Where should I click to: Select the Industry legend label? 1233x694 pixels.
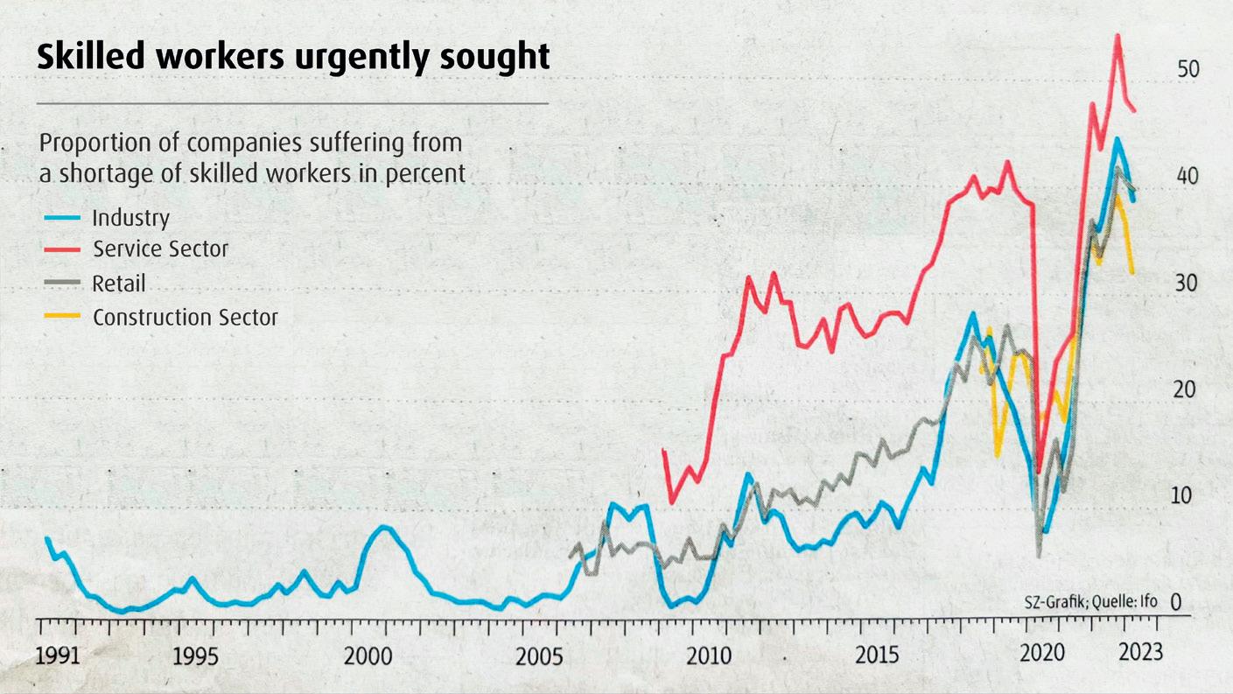pyautogui.click(x=130, y=217)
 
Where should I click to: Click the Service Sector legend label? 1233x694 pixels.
pyautogui.click(x=160, y=249)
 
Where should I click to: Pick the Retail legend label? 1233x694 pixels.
pyautogui.click(x=119, y=284)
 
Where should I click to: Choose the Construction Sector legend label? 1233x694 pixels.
pyautogui.click(x=185, y=317)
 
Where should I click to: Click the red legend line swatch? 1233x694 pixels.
pyautogui.click(x=62, y=249)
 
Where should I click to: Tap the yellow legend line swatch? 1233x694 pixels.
pyautogui.click(x=62, y=316)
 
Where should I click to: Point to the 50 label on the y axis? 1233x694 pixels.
pyautogui.click(x=1187, y=70)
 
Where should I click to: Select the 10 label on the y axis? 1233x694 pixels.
pyautogui.click(x=1182, y=495)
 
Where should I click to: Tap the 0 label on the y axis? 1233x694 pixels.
pyautogui.click(x=1175, y=602)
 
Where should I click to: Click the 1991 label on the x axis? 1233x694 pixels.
pyautogui.click(x=58, y=655)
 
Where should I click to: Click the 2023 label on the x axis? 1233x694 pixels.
pyautogui.click(x=1140, y=653)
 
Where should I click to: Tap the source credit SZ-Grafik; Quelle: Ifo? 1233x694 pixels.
pyautogui.click(x=1090, y=602)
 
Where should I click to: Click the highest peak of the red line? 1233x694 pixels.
pyautogui.click(x=1117, y=36)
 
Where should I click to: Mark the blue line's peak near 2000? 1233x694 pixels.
pyautogui.click(x=382, y=527)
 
